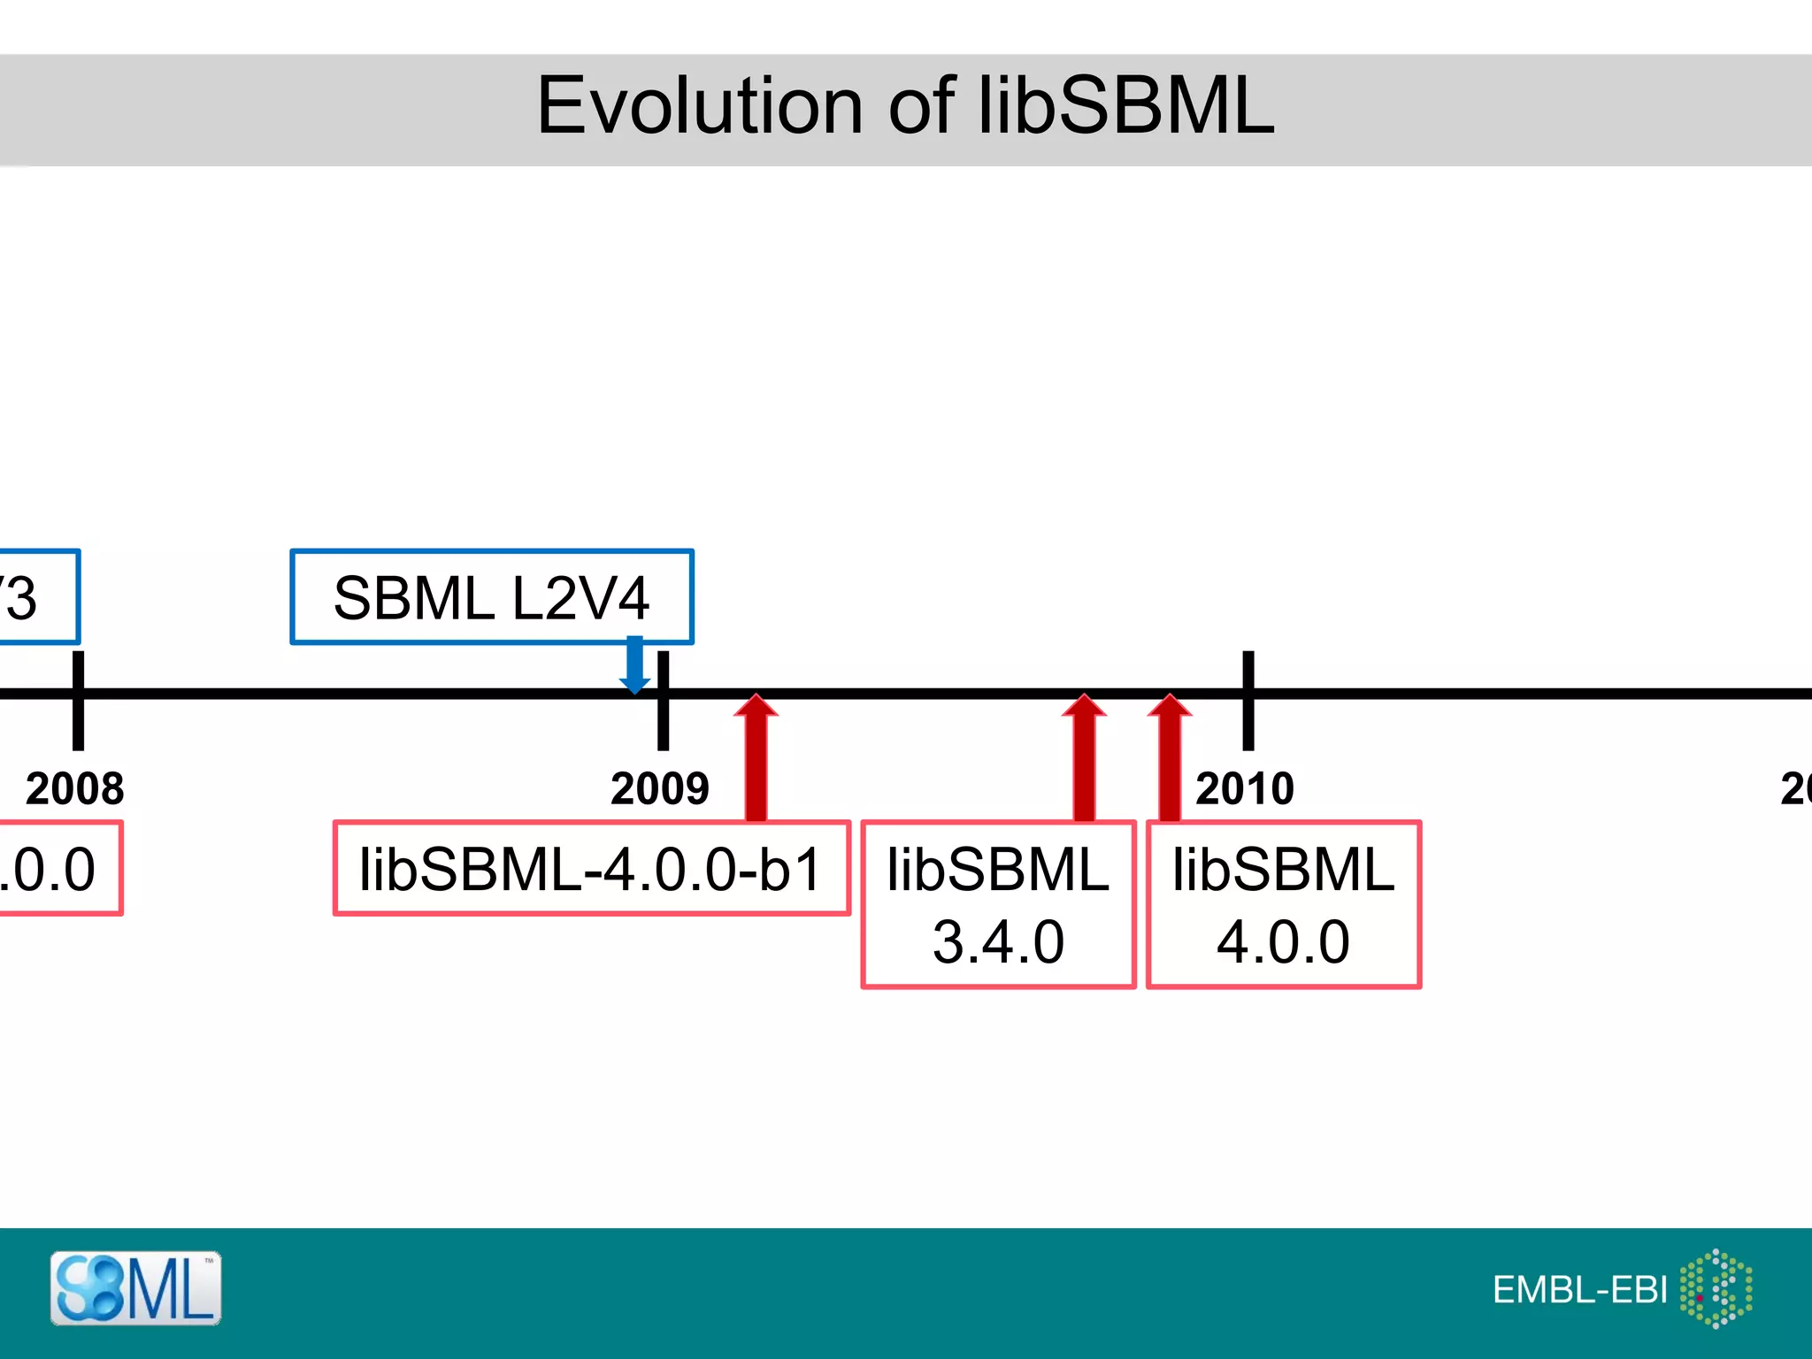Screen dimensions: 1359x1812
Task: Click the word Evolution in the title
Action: (699, 106)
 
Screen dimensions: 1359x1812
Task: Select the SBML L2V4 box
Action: (492, 597)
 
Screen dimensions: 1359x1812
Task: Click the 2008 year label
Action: (75, 788)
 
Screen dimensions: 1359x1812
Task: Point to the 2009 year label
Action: (660, 788)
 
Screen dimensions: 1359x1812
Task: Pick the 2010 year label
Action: (1245, 788)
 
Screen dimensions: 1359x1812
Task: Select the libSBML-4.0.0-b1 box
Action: (591, 868)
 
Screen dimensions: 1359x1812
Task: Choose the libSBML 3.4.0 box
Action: (998, 904)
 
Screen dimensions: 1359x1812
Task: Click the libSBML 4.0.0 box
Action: (1284, 904)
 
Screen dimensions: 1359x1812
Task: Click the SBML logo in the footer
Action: (135, 1288)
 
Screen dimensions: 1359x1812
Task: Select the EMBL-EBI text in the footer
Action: (1580, 1290)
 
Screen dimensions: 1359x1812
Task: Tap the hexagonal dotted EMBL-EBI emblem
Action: (1716, 1288)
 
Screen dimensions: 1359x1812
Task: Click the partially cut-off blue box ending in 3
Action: (35, 597)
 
